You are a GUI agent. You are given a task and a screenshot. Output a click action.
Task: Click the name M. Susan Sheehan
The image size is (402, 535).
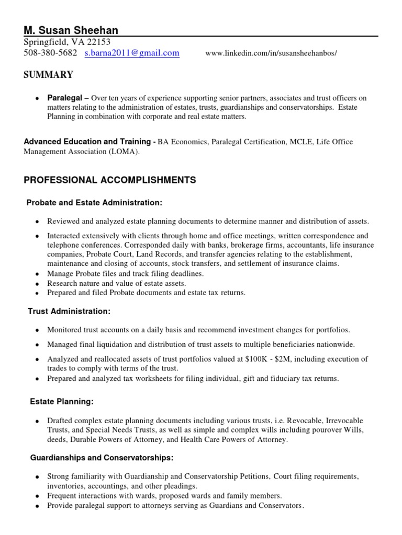point(71,30)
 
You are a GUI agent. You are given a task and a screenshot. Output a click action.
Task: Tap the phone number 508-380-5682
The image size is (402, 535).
point(50,53)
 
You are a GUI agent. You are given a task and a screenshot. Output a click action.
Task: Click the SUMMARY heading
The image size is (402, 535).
point(48,75)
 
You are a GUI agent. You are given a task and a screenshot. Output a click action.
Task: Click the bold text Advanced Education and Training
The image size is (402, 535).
point(86,142)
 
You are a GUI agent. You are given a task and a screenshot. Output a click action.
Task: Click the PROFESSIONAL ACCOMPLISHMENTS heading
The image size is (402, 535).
point(110,180)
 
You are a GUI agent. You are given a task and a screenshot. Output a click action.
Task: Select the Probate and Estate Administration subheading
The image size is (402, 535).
point(95,202)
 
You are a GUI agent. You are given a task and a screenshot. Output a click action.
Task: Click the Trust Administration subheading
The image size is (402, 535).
point(69,311)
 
